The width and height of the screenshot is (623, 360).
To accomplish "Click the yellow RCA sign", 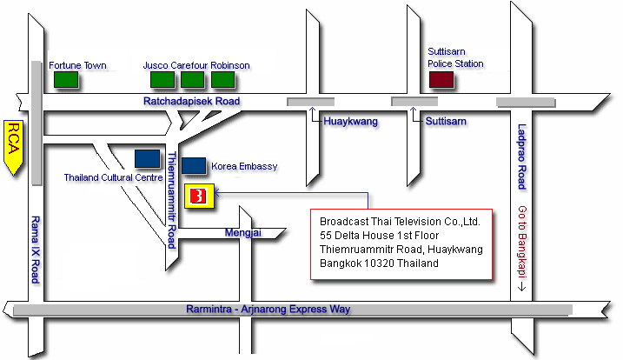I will [x=14, y=147].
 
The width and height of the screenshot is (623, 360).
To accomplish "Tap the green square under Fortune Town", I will [x=66, y=80].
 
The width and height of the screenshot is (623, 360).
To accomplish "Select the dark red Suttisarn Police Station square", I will [x=441, y=80].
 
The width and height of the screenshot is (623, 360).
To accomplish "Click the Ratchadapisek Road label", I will [x=191, y=102].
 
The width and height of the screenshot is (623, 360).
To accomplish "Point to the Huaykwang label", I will [x=350, y=122].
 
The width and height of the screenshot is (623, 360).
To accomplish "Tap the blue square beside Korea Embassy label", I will [x=194, y=165].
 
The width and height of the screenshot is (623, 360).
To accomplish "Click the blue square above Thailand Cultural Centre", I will [x=147, y=158].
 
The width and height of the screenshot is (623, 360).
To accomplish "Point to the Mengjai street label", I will [x=243, y=232].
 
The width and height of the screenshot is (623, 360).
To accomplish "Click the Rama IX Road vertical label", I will [x=36, y=249].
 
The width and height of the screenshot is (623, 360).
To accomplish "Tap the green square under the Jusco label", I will [x=162, y=80].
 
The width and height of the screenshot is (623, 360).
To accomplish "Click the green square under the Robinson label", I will [x=223, y=80].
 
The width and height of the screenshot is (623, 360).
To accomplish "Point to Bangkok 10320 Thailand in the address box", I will [x=379, y=263].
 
